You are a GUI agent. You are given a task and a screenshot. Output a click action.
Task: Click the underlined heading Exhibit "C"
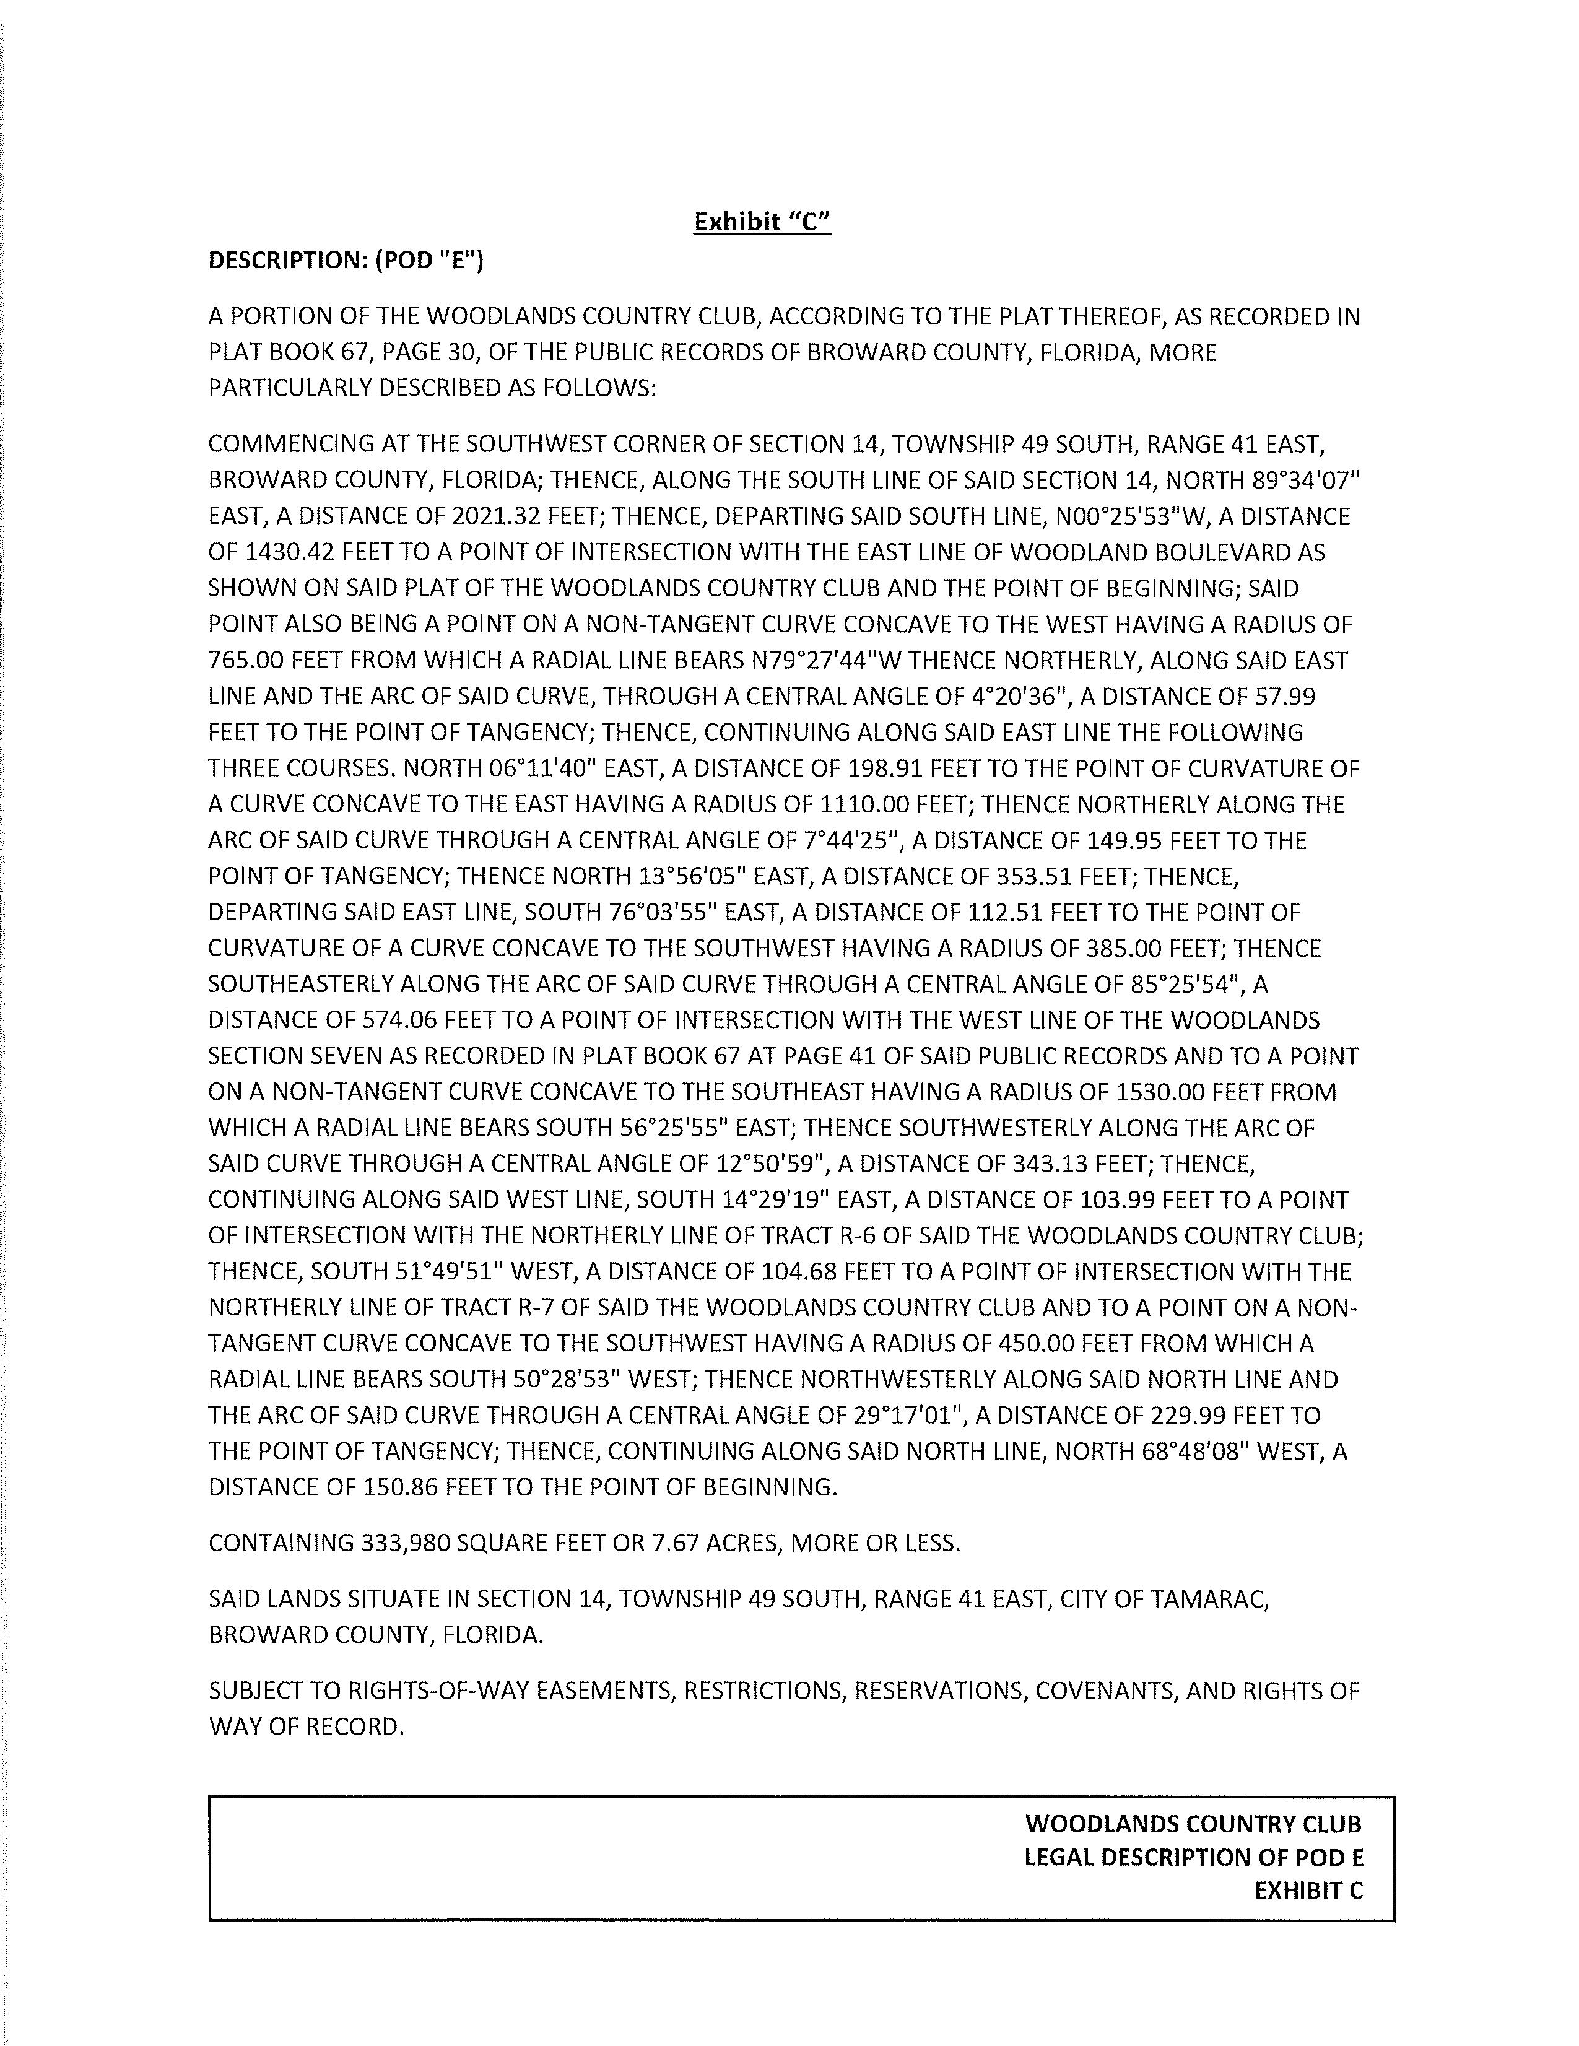click(x=762, y=222)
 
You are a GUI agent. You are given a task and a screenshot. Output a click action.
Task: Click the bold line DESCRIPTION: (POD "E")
click(x=346, y=261)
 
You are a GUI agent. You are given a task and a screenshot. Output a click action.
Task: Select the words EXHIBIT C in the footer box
click(x=1308, y=1891)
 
